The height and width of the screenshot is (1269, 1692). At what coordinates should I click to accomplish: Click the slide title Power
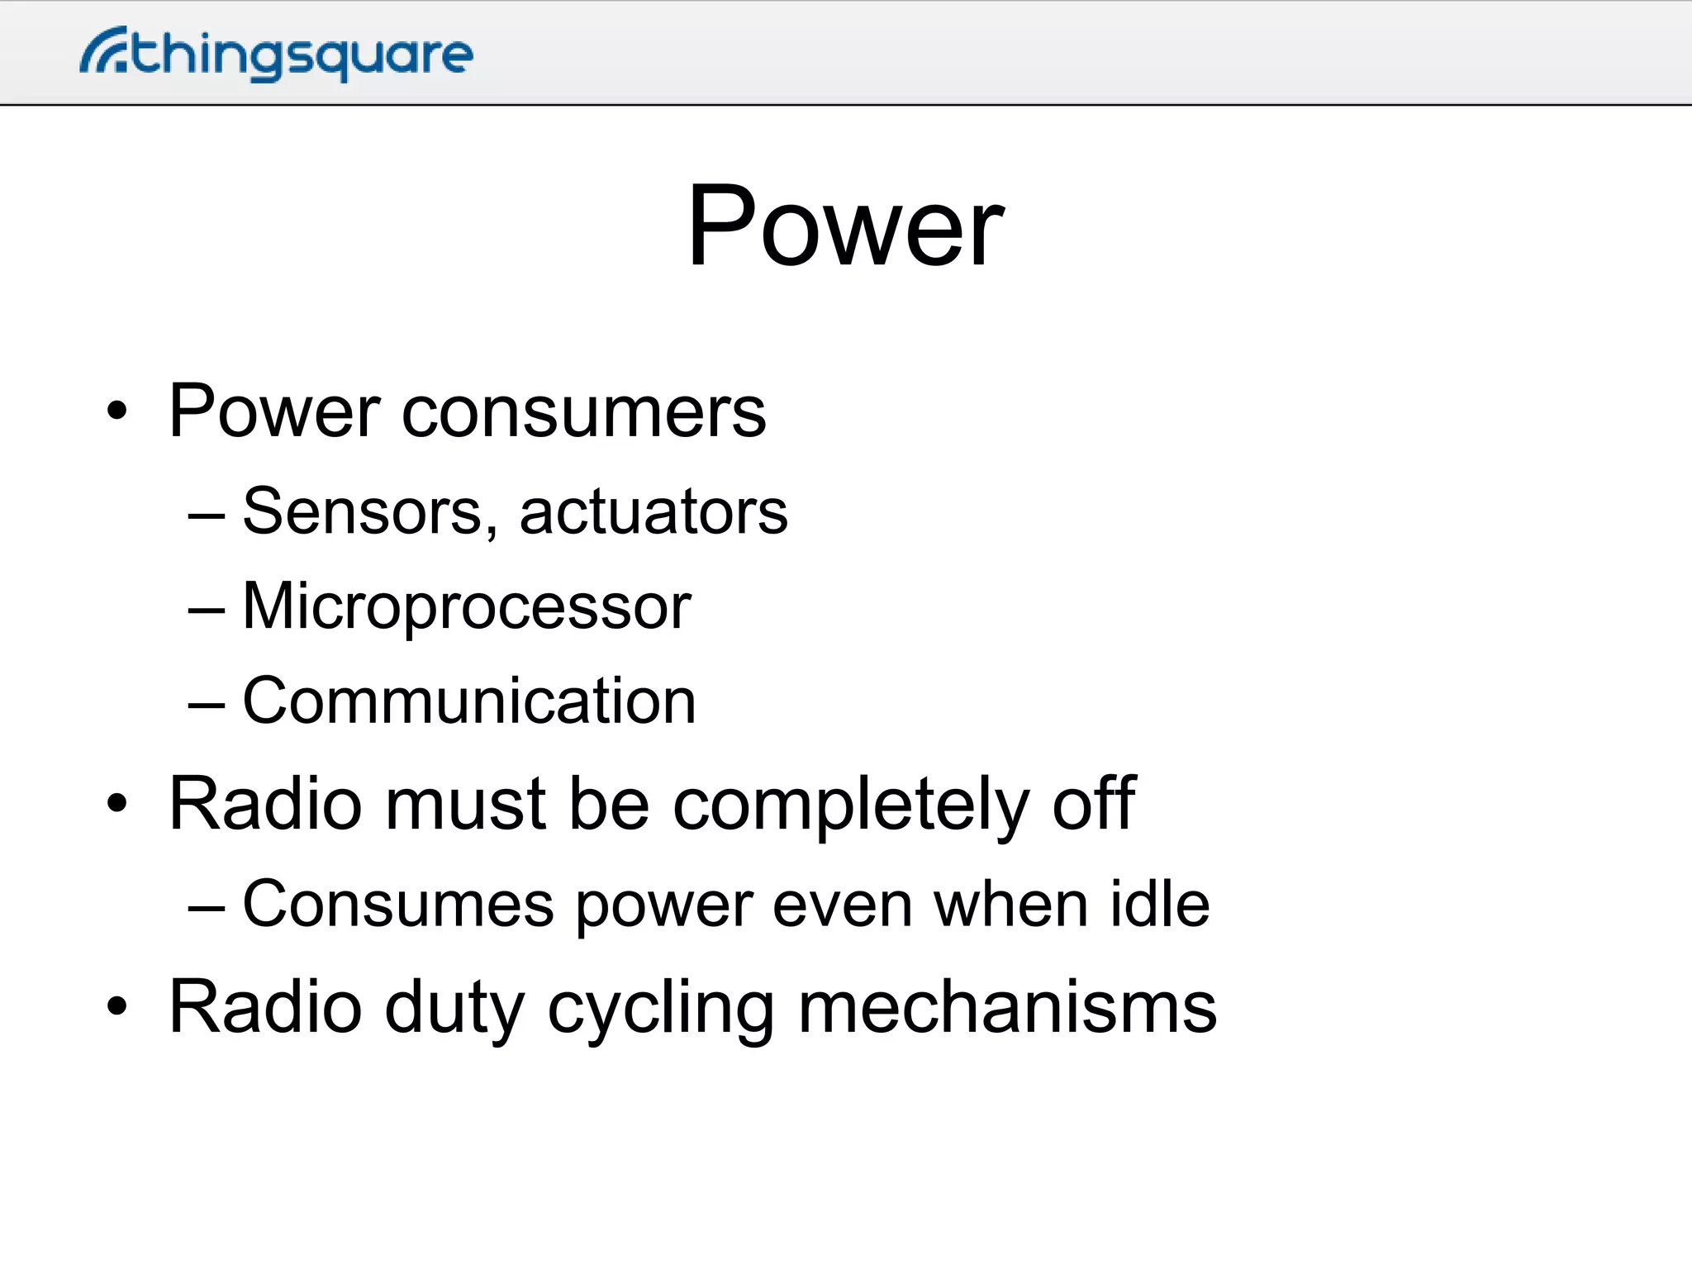(845, 226)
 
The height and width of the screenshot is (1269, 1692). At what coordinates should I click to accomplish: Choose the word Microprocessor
(467, 606)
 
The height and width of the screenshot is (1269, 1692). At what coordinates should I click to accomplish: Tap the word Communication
(469, 701)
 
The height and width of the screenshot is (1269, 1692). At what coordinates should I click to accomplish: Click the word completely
(851, 805)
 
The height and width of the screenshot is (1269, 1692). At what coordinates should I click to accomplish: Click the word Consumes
(397, 904)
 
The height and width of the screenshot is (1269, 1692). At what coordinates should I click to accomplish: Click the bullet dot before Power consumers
(117, 411)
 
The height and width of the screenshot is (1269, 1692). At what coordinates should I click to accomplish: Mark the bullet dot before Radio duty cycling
(117, 1006)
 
